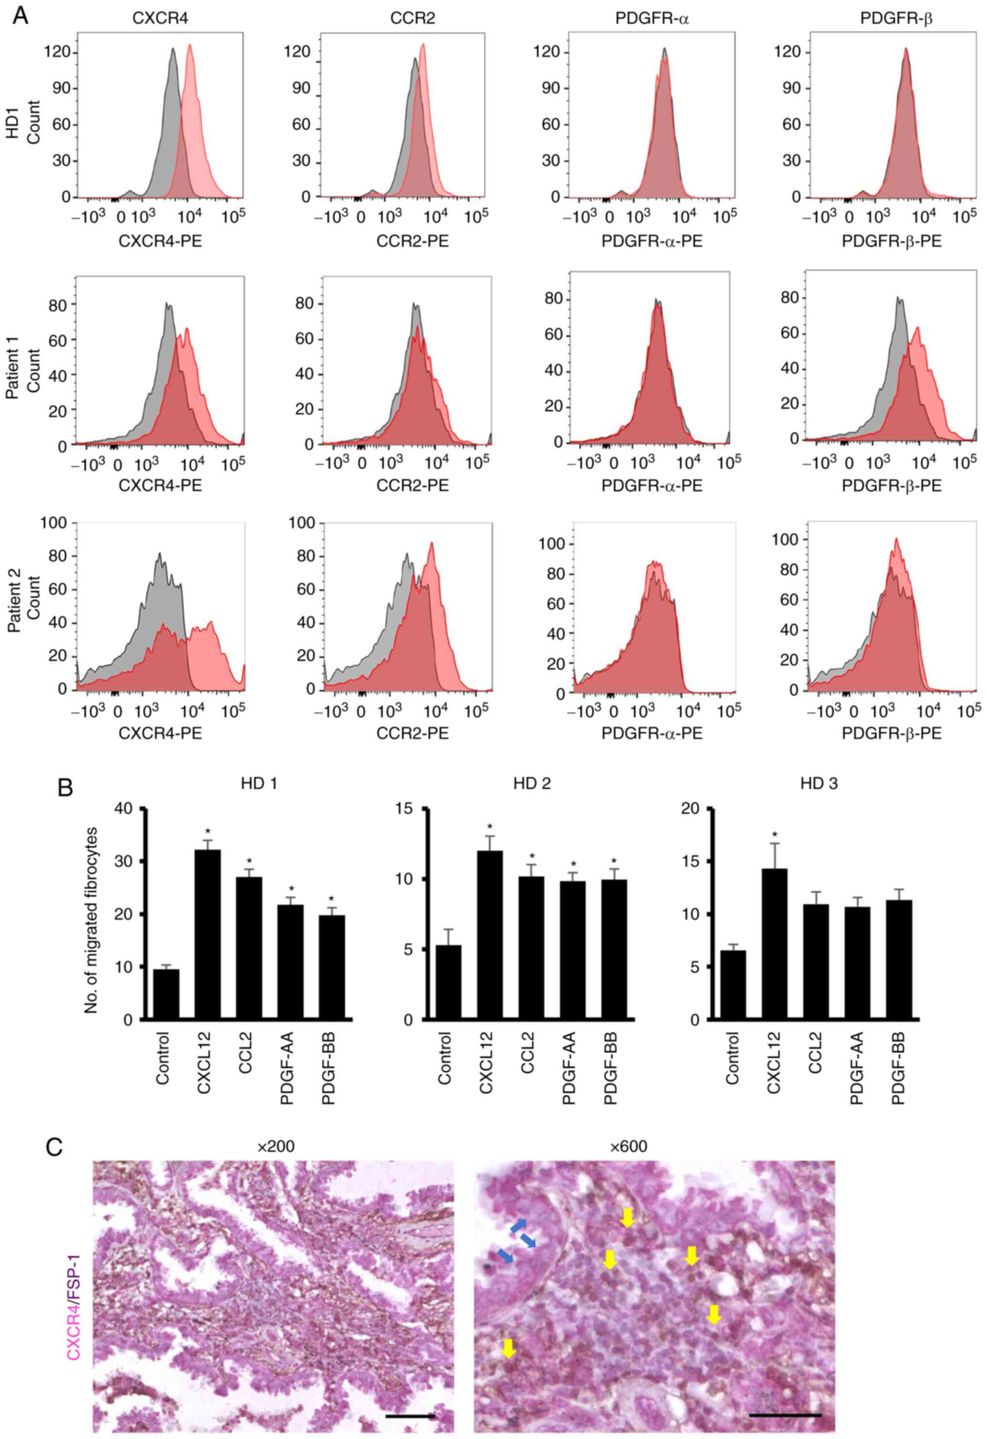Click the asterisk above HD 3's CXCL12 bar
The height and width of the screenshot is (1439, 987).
pos(774,835)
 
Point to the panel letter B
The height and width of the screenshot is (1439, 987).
pos(65,788)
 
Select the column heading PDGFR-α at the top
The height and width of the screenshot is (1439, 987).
pos(652,19)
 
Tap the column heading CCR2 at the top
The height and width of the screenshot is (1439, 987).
pos(412,19)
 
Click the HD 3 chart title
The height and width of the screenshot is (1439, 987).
pos(818,784)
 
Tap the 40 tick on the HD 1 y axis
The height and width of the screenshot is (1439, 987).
pos(124,808)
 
